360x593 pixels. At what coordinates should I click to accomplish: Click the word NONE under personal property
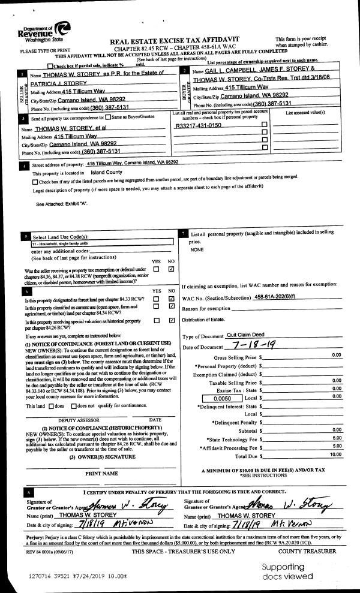[197, 249]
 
